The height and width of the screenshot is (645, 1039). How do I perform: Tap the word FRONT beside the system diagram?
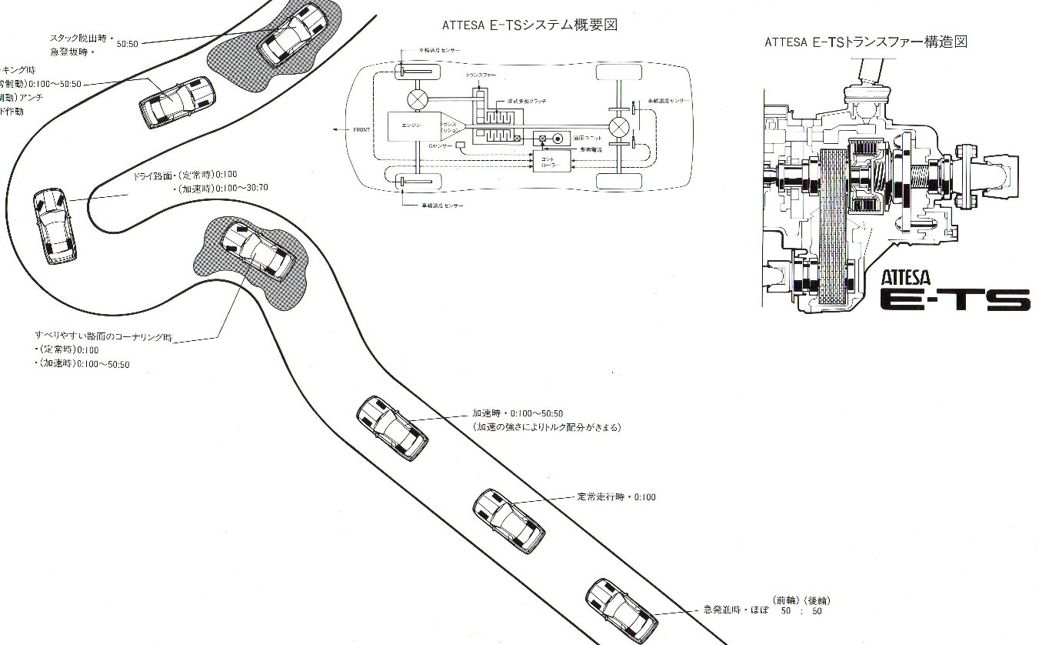(x=361, y=129)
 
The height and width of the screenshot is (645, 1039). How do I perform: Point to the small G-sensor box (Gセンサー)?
(x=461, y=145)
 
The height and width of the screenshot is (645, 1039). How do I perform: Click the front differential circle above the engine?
(x=418, y=99)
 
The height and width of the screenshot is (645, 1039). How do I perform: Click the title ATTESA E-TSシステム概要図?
(x=530, y=25)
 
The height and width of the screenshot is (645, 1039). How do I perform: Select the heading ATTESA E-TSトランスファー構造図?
(x=865, y=42)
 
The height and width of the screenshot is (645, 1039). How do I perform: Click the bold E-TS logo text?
(x=954, y=299)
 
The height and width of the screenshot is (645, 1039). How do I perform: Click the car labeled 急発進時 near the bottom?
(x=621, y=609)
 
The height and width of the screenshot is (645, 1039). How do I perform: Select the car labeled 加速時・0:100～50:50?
(x=392, y=428)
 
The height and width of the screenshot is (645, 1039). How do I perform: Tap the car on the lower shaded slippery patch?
(x=258, y=251)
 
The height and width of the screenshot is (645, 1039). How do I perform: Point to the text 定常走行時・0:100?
(x=616, y=497)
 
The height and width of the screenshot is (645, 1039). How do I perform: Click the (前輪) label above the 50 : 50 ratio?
(x=784, y=600)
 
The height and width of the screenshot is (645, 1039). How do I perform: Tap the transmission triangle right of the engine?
(x=451, y=126)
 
